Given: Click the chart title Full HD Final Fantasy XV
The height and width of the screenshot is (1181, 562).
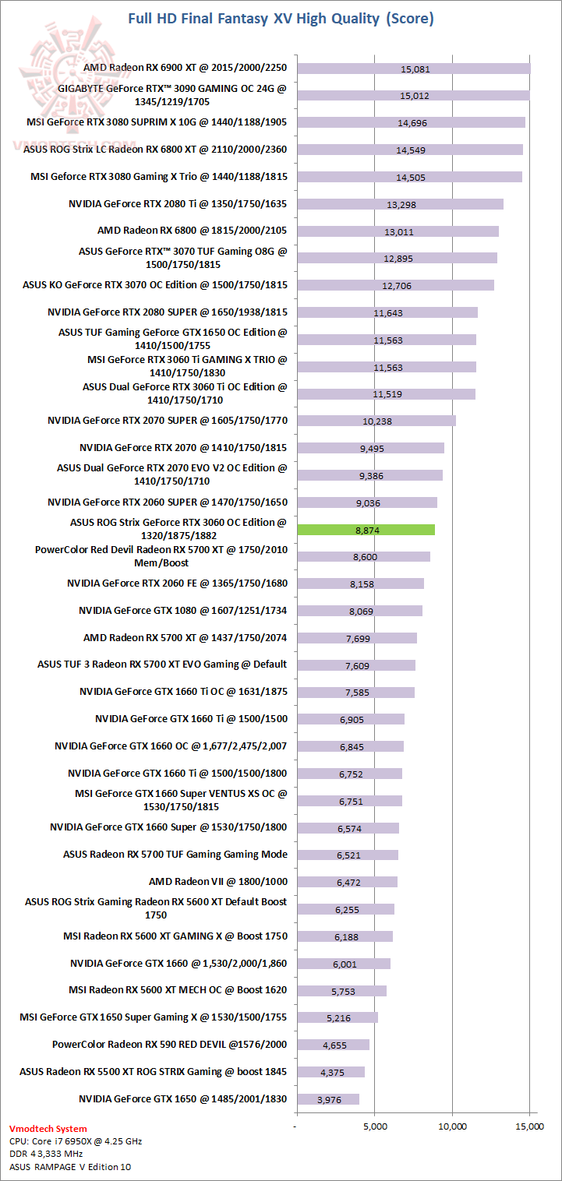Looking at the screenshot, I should click(281, 18).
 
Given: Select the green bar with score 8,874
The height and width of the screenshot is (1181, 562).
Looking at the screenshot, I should click(366, 530).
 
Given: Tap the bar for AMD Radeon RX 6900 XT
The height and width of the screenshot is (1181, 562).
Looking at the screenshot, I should click(413, 69).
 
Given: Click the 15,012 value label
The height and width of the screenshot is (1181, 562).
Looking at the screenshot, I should click(415, 96).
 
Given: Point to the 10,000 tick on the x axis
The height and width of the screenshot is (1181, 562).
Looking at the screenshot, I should click(452, 1126).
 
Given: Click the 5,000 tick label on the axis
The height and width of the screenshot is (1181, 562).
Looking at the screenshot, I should click(375, 1126).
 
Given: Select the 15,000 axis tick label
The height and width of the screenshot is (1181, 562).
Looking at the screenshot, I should click(529, 1126).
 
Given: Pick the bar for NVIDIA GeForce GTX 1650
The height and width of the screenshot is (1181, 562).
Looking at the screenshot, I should click(327, 1099).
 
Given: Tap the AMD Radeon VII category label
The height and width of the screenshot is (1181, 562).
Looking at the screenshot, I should click(217, 881).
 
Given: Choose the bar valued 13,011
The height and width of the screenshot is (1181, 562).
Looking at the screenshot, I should click(398, 231).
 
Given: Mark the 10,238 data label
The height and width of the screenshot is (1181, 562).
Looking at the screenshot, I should click(377, 421).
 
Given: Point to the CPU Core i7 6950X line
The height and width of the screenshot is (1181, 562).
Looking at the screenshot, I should click(76, 1141).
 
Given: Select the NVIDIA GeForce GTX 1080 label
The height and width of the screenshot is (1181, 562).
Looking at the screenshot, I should click(182, 610).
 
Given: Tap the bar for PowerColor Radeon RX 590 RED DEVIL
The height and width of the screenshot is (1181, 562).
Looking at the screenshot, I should click(333, 1045).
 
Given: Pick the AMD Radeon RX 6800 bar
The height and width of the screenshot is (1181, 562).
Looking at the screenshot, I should click(398, 231).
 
